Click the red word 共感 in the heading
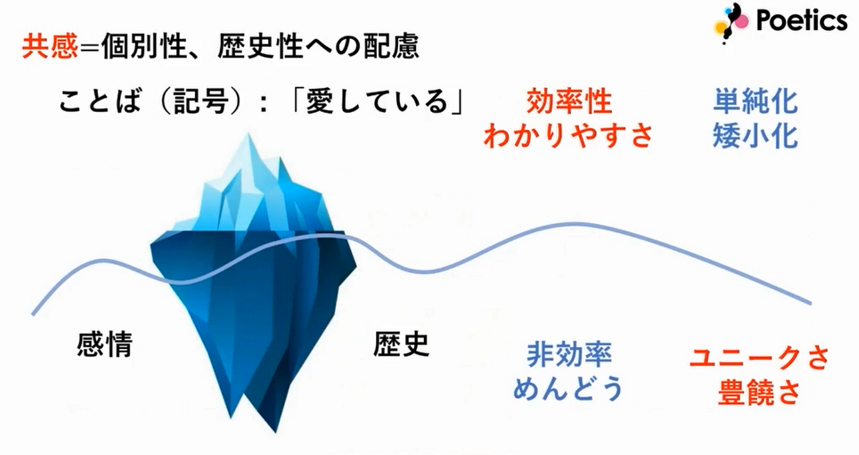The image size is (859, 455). [50, 47]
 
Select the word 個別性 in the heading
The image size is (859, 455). [144, 47]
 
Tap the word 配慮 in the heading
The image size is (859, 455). [391, 47]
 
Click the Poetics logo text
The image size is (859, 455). [802, 20]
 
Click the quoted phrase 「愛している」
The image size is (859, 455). [378, 101]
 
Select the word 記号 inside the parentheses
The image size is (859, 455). [202, 101]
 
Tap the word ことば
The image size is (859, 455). [100, 101]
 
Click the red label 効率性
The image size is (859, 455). [569, 101]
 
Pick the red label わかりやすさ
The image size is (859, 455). [568, 136]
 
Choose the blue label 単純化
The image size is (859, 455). [755, 101]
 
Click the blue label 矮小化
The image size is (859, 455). [755, 136]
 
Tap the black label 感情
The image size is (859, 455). [105, 344]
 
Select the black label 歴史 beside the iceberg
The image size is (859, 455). [401, 344]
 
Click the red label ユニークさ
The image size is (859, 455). [759, 358]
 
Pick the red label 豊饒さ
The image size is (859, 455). [759, 392]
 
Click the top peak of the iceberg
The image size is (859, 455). [248, 134]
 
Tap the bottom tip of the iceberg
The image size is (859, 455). [276, 432]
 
